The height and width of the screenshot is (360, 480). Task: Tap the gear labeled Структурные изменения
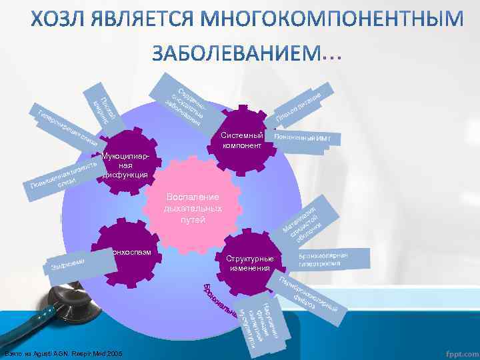point(249,263)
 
